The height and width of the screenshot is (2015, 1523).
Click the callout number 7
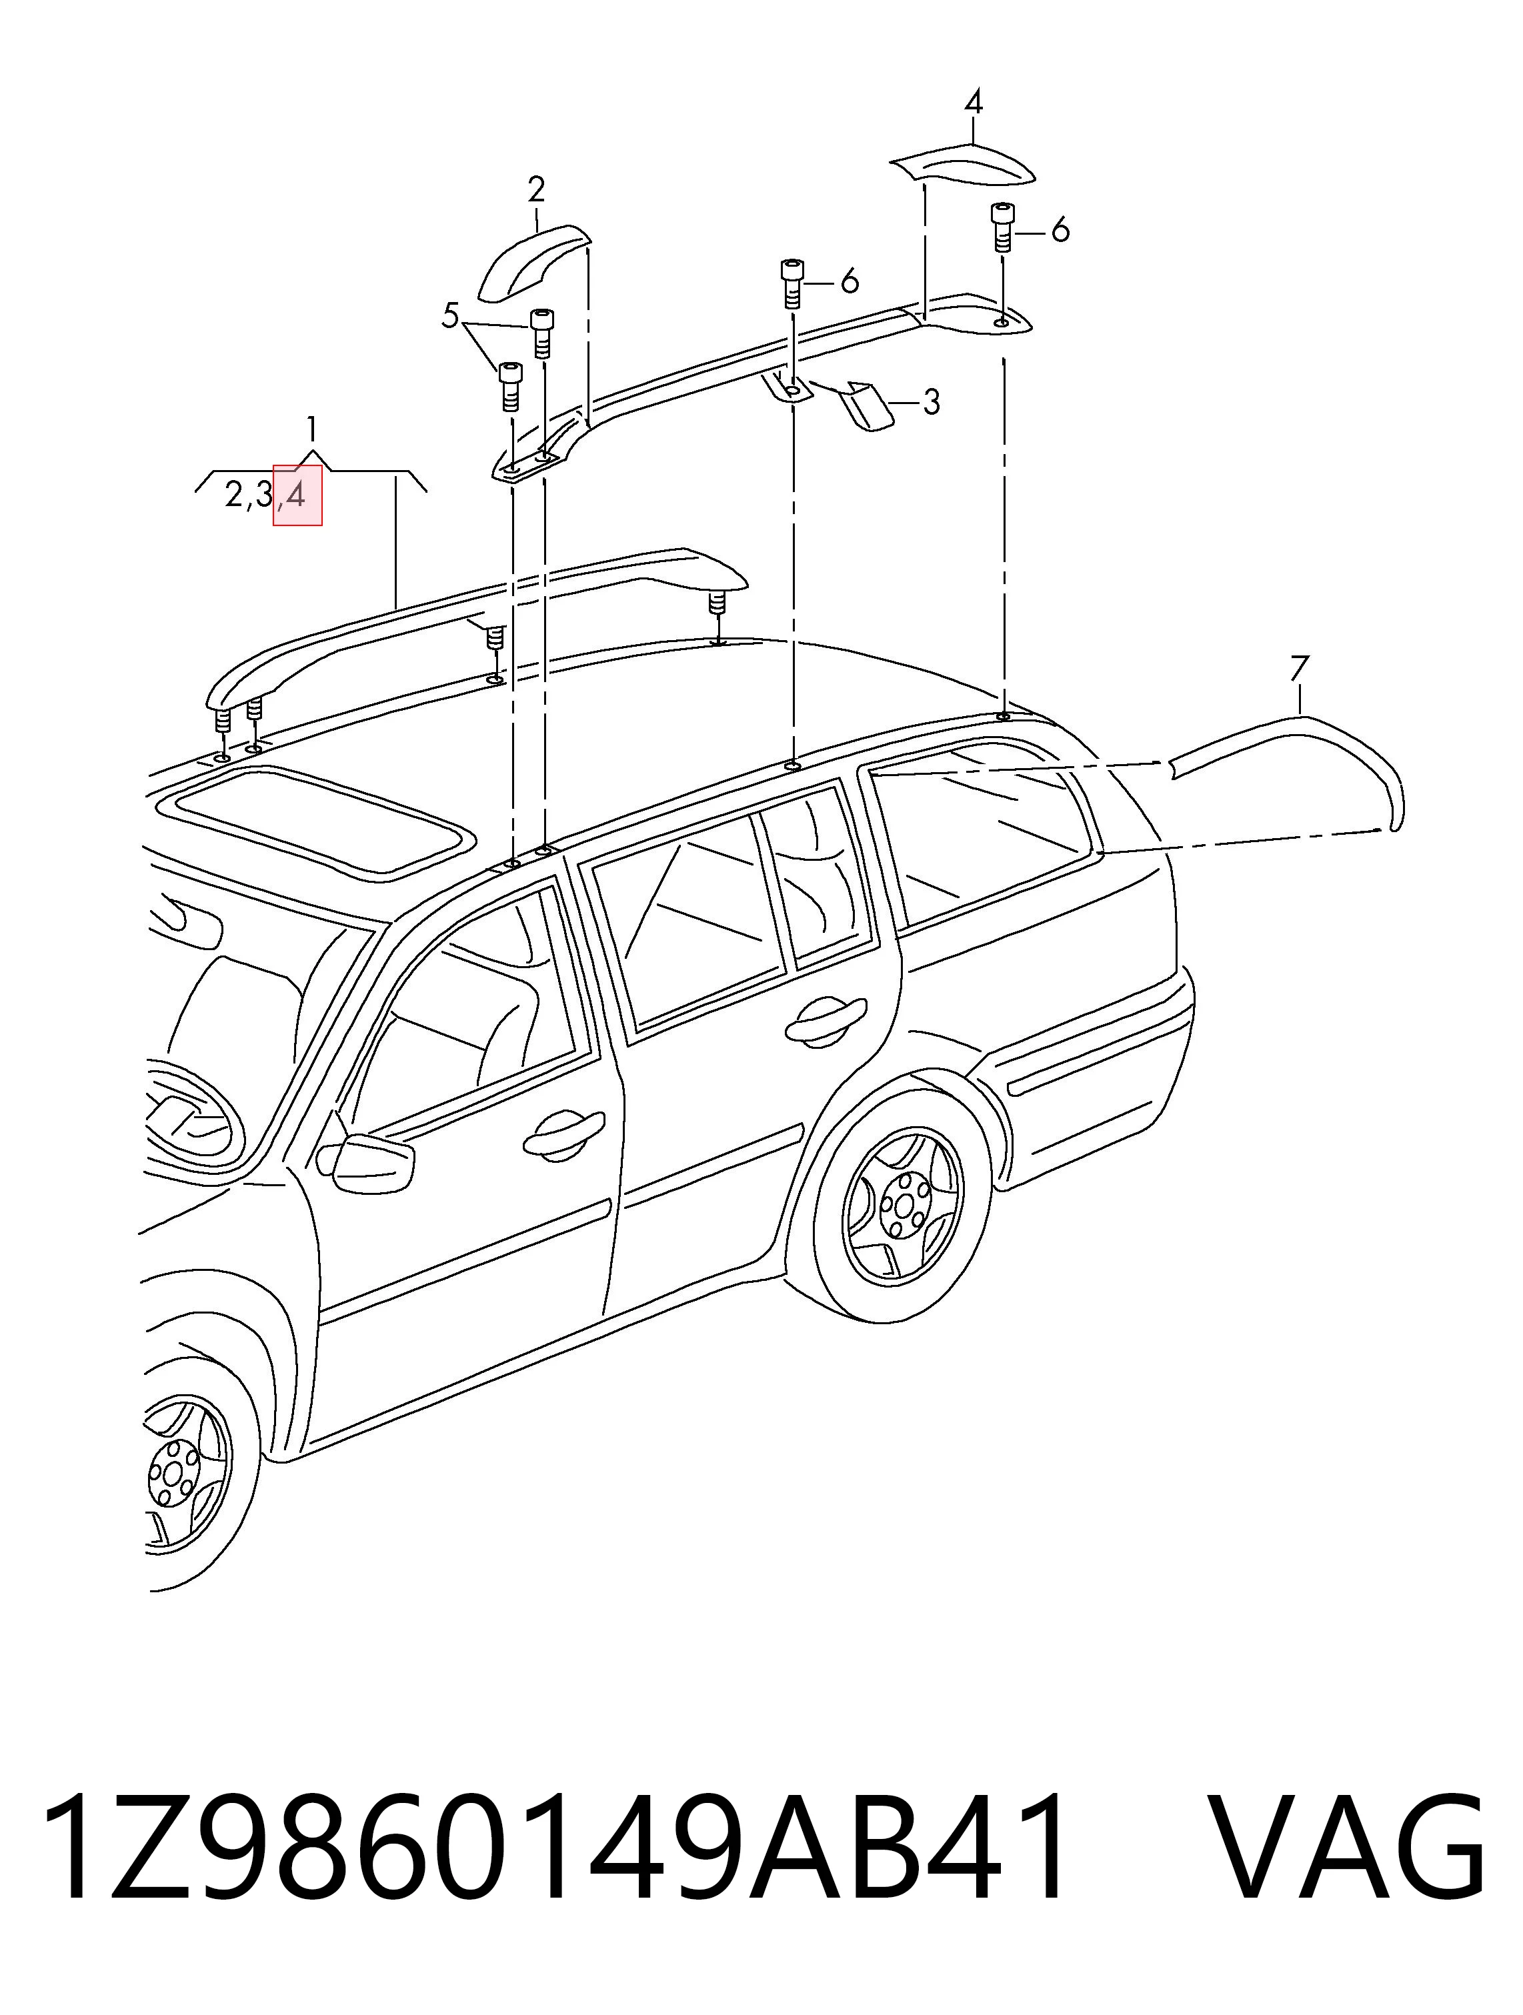1299,669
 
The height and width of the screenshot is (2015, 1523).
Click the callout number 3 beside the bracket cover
930,401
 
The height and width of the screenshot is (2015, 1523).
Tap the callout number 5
450,317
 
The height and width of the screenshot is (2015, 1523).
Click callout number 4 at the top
973,101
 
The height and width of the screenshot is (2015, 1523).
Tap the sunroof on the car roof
314,820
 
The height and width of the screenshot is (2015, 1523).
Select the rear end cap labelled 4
962,167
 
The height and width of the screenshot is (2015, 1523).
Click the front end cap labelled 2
533,261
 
